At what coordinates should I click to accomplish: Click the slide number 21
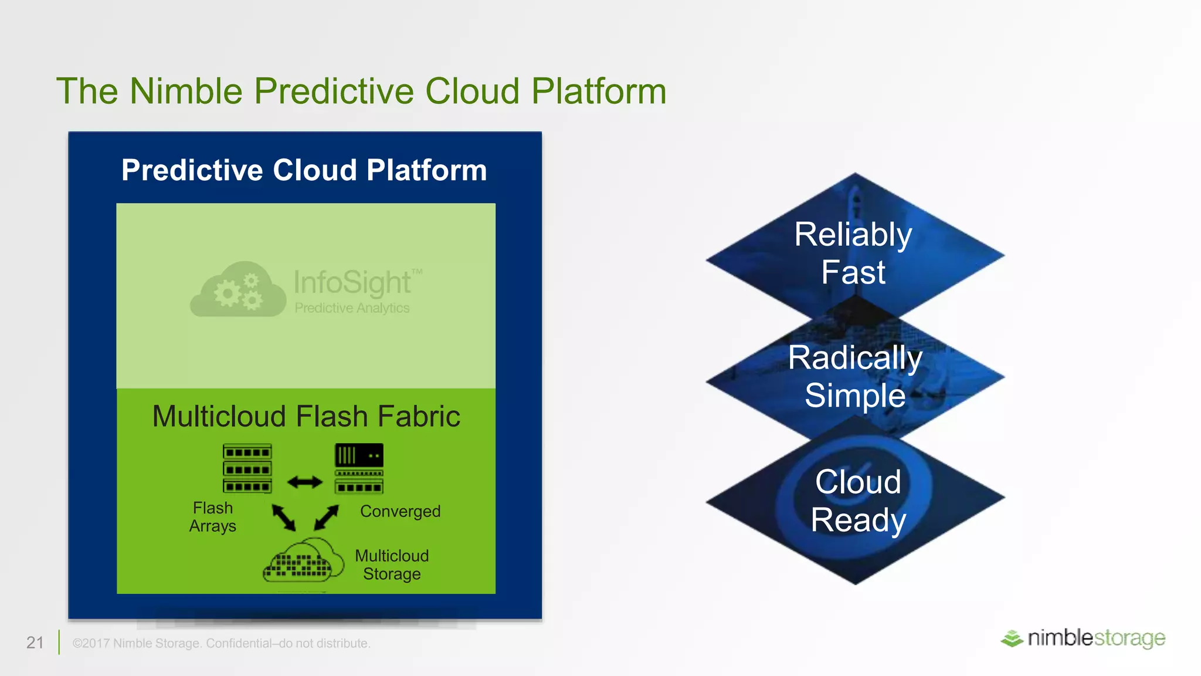click(35, 643)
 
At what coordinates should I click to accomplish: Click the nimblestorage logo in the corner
click(1083, 638)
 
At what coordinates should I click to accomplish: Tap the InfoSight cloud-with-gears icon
click(238, 290)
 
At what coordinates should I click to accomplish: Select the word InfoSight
click(352, 282)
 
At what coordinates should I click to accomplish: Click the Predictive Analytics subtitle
click(352, 308)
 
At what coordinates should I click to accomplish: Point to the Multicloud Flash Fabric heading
click(306, 416)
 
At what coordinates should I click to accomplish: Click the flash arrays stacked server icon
click(247, 468)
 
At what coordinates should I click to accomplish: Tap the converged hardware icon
click(359, 468)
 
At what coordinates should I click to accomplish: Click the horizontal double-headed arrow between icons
click(305, 482)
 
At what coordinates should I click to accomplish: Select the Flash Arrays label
click(213, 517)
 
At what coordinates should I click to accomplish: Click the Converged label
click(400, 511)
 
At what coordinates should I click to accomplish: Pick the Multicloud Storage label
click(392, 565)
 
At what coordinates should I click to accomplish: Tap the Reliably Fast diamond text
click(853, 253)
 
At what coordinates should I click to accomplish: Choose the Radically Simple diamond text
click(855, 376)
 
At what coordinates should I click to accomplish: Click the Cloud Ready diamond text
click(858, 501)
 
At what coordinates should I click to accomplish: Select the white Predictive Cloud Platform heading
click(304, 170)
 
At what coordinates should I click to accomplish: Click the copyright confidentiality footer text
click(221, 643)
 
